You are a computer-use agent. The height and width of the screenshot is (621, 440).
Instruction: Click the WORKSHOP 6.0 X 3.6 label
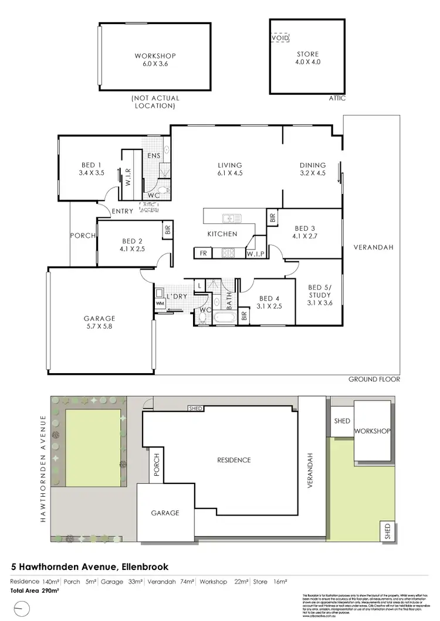pyautogui.click(x=155, y=60)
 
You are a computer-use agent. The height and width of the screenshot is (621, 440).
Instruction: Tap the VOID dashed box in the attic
pyautogui.click(x=280, y=38)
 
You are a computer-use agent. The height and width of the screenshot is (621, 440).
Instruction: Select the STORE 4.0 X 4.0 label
pyautogui.click(x=307, y=58)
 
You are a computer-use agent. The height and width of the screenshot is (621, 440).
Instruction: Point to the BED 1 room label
pyautogui.click(x=90, y=169)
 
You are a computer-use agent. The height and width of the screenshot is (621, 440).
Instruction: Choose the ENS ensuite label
pyautogui.click(x=154, y=155)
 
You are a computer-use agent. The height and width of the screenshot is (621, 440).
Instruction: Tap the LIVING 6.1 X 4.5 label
pyautogui.click(x=229, y=169)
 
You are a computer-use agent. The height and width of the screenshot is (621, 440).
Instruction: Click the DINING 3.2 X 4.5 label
pyautogui.click(x=312, y=169)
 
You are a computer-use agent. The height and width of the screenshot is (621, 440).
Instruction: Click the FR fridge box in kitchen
pyautogui.click(x=202, y=253)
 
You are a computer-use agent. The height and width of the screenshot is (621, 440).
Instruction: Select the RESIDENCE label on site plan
pyautogui.click(x=233, y=460)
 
